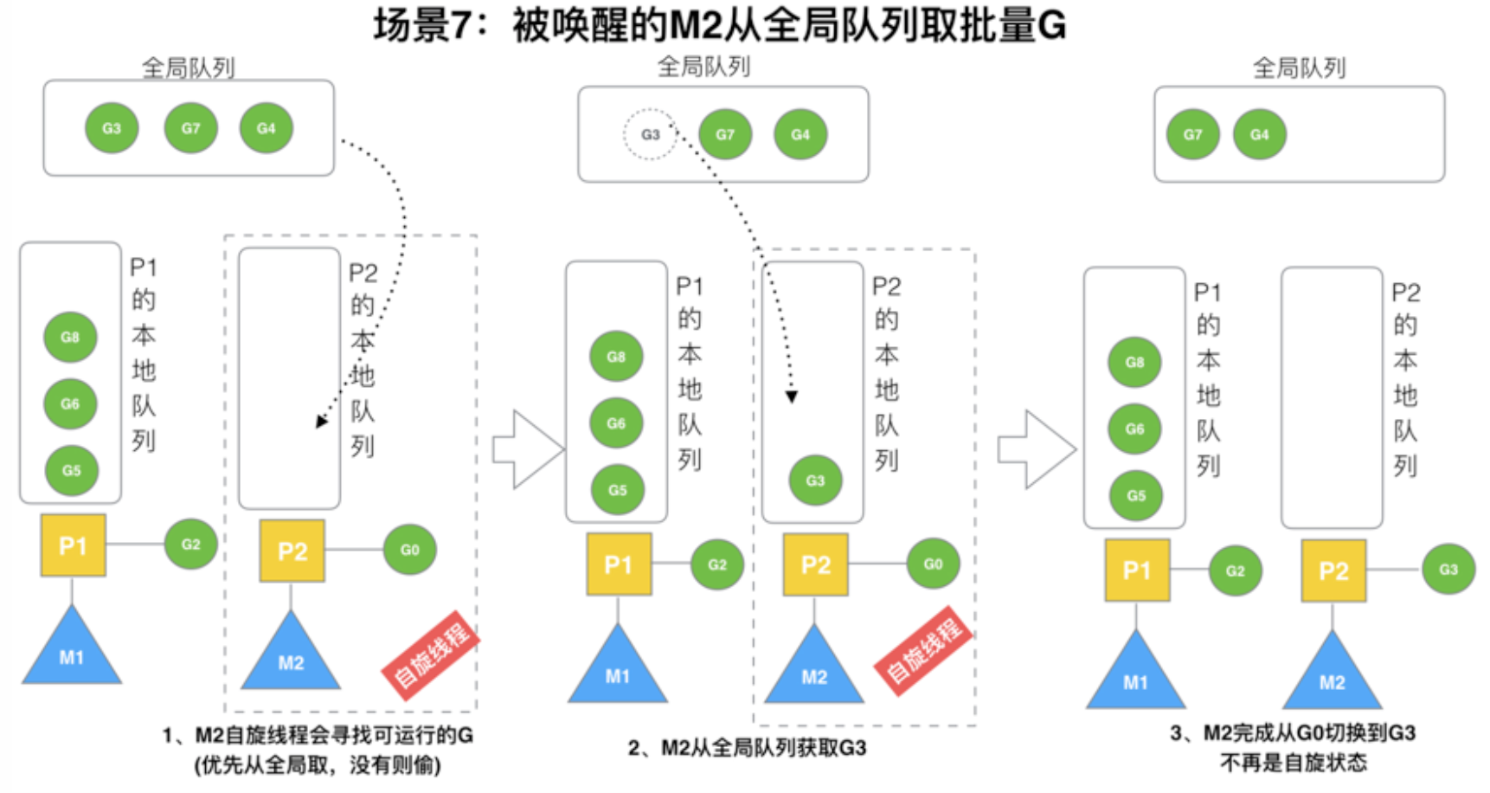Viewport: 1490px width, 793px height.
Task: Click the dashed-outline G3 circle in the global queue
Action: (650, 134)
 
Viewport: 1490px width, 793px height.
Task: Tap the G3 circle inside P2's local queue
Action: (815, 480)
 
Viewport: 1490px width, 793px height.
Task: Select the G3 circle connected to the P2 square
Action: (1448, 569)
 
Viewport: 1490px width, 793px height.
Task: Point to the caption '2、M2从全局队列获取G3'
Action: (747, 747)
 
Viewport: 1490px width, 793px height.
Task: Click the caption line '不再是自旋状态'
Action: (1294, 763)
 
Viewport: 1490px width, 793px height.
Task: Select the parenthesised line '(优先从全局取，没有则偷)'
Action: (318, 765)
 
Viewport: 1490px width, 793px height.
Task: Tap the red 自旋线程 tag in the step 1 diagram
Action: (431, 654)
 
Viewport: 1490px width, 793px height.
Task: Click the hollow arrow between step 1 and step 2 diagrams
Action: (528, 449)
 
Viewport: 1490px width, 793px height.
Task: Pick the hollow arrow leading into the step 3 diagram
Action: (1037, 449)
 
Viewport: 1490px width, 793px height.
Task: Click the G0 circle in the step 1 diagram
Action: (409, 549)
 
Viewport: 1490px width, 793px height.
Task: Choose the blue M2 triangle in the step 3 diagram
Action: (1332, 670)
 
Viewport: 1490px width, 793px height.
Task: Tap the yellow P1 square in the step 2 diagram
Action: (619, 564)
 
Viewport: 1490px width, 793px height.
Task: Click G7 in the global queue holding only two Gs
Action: (1192, 134)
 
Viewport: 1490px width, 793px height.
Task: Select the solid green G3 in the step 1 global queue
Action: (112, 128)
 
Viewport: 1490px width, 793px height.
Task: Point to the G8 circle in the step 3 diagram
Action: (1134, 362)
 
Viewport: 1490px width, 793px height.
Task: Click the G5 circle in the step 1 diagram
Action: (71, 470)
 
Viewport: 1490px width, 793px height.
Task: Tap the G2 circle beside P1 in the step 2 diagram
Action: (717, 564)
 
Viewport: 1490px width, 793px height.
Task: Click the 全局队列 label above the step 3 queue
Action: (1299, 68)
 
